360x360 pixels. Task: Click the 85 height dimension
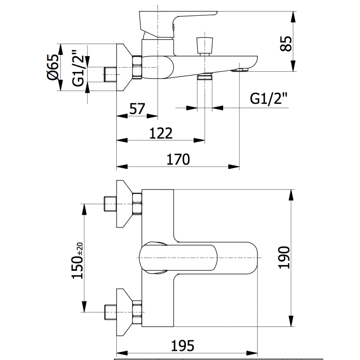tap(285, 42)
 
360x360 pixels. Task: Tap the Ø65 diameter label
tap(53, 67)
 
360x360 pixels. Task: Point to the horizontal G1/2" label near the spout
tap(269, 98)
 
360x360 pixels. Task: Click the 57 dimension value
tap(137, 109)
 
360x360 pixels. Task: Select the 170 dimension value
tap(178, 159)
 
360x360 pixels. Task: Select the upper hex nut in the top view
tap(137, 203)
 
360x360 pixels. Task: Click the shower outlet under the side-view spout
tap(205, 76)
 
